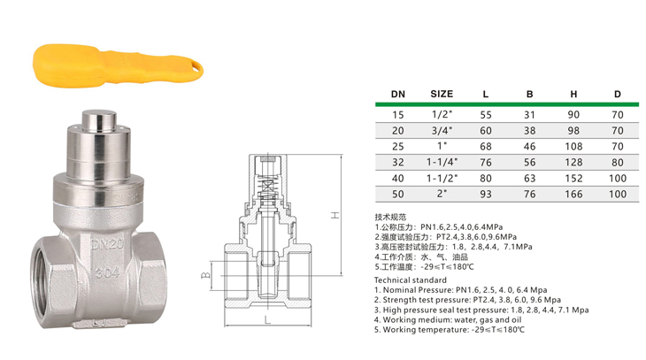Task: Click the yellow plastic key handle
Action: (x=118, y=66)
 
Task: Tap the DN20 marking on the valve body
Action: (x=107, y=245)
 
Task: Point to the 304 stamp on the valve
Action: (x=108, y=272)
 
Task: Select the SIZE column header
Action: (x=442, y=94)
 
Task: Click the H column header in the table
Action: (x=573, y=94)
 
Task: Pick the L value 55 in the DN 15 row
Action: (x=486, y=115)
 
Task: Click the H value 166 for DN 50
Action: (x=573, y=194)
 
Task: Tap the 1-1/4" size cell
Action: (x=442, y=162)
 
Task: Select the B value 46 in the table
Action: (x=529, y=146)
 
